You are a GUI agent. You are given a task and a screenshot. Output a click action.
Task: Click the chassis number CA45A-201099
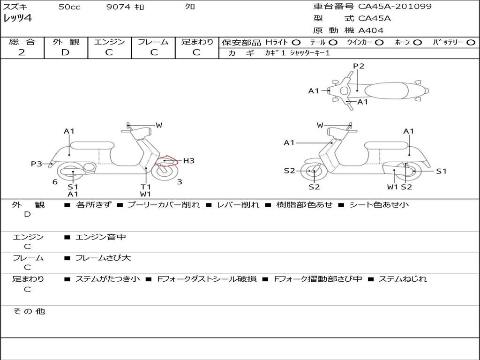click(395, 7)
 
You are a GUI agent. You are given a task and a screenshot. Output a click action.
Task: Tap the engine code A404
click(371, 30)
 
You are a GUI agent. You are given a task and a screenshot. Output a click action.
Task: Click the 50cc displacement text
click(69, 7)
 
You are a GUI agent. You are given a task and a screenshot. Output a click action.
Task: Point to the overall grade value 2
click(22, 52)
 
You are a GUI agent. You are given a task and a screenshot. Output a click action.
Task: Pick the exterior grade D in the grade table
click(65, 52)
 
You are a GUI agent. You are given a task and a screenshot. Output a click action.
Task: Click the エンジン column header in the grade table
click(109, 42)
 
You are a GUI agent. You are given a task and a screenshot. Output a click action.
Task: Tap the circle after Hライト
click(296, 43)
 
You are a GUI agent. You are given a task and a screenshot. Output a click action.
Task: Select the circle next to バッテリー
click(471, 43)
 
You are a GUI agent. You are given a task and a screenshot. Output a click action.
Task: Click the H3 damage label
click(188, 161)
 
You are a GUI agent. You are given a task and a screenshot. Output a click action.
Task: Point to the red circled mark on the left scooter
click(166, 162)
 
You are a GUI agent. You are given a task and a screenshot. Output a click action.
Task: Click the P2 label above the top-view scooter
click(359, 66)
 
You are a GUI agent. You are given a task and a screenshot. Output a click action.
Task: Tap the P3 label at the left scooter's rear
click(36, 164)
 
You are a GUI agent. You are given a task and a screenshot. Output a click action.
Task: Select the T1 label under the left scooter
click(146, 187)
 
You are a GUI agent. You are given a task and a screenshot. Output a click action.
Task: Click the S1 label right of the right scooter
click(441, 171)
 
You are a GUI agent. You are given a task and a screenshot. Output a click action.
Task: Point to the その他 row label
click(29, 311)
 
